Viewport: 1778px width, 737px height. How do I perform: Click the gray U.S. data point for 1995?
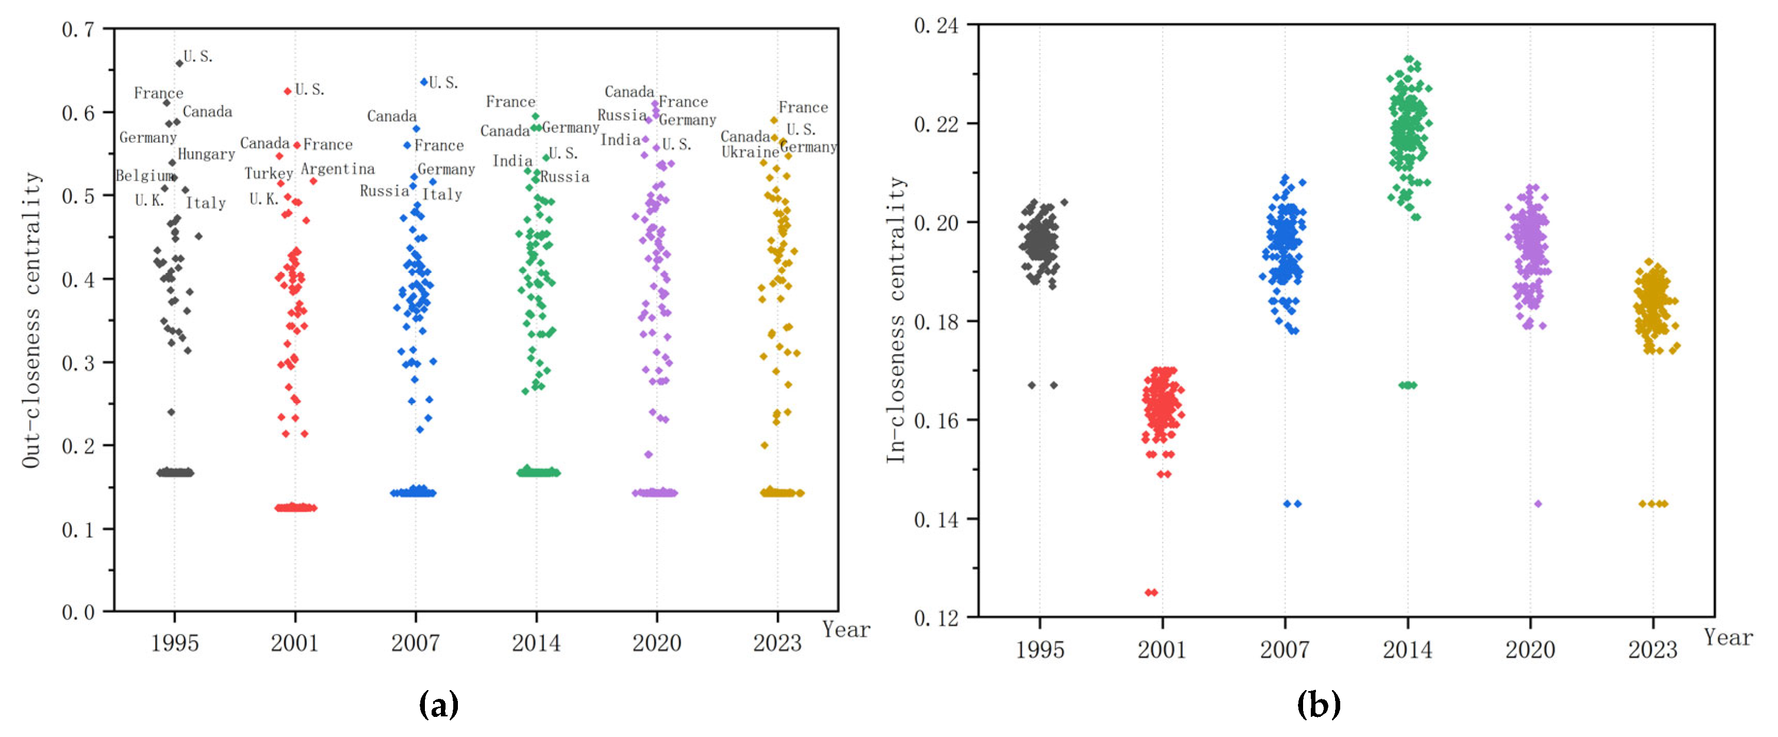tap(179, 63)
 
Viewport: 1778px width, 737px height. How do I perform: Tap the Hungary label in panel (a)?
tap(206, 154)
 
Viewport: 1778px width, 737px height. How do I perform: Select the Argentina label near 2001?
tap(338, 169)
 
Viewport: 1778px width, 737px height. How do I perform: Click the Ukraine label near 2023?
tap(750, 152)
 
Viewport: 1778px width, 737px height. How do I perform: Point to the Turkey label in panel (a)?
tap(269, 173)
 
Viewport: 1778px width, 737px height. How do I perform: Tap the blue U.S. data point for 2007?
tap(424, 82)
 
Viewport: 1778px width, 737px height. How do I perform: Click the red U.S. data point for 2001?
tap(288, 91)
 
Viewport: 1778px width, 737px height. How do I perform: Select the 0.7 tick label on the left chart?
tap(78, 30)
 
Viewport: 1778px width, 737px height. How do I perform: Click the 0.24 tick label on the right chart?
tap(936, 26)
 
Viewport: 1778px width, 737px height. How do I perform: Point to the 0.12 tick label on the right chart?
tap(936, 617)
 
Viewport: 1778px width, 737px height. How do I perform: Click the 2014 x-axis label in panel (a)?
tap(536, 643)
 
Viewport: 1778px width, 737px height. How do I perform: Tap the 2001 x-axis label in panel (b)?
tap(1162, 649)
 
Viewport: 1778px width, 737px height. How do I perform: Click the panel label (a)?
tap(438, 705)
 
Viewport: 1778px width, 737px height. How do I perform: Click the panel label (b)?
tap(1319, 705)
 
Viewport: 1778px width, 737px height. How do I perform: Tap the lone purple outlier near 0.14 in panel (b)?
tap(1538, 504)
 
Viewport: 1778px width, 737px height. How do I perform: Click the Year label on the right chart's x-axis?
tap(1727, 637)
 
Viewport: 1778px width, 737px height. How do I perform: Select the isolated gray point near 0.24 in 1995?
tap(171, 412)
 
